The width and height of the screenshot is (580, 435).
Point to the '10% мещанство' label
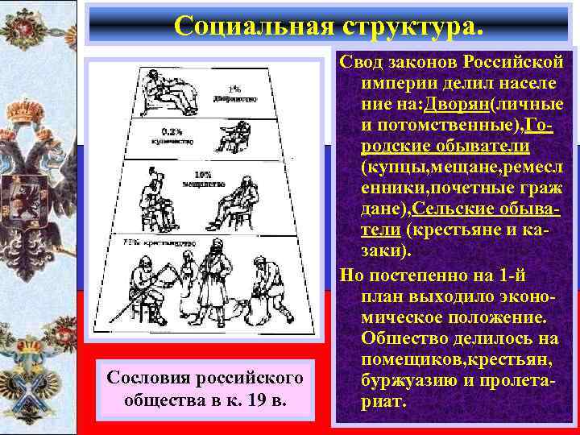[x=203, y=179]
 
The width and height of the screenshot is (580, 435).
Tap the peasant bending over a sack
[x=265, y=289]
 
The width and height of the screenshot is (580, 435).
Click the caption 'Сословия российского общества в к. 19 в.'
[x=201, y=388]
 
